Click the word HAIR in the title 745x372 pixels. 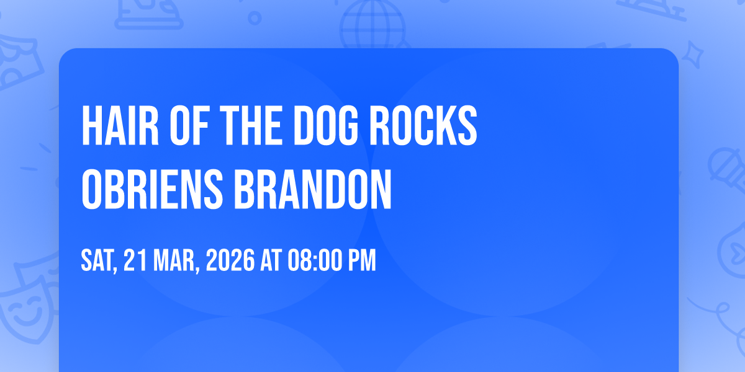point(120,125)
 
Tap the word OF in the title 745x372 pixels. point(189,125)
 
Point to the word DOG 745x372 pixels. point(326,125)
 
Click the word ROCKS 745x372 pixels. point(423,125)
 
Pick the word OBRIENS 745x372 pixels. point(152,189)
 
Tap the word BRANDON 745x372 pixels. point(313,189)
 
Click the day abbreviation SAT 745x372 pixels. point(99,261)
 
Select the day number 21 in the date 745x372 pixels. point(135,260)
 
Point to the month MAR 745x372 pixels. point(176,261)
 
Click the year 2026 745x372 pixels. point(230,260)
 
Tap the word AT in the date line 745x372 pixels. point(271,260)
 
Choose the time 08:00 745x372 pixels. point(314,260)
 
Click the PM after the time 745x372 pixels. point(362,260)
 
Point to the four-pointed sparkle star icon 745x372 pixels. point(692,55)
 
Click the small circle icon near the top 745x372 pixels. point(255,18)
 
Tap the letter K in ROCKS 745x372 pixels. point(447,125)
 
